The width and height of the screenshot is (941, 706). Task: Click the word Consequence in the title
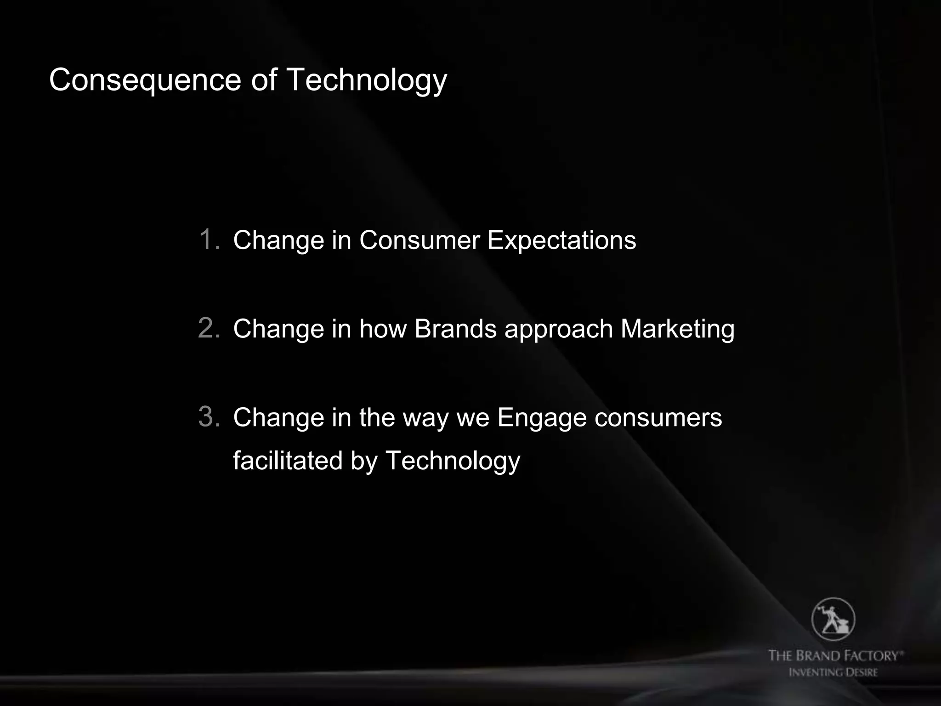click(145, 80)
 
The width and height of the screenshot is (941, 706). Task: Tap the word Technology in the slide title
click(366, 80)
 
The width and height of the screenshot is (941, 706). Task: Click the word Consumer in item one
click(419, 240)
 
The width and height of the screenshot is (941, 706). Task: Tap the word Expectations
click(561, 240)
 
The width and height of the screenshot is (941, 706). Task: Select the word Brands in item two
click(455, 329)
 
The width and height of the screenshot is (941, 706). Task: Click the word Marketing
click(677, 329)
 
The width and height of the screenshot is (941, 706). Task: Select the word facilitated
click(288, 461)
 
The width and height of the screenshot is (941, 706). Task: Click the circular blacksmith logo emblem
click(833, 619)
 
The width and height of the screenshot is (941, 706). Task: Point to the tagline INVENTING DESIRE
click(833, 672)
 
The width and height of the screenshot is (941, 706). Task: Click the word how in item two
click(383, 329)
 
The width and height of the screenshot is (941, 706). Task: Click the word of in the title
click(264, 80)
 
